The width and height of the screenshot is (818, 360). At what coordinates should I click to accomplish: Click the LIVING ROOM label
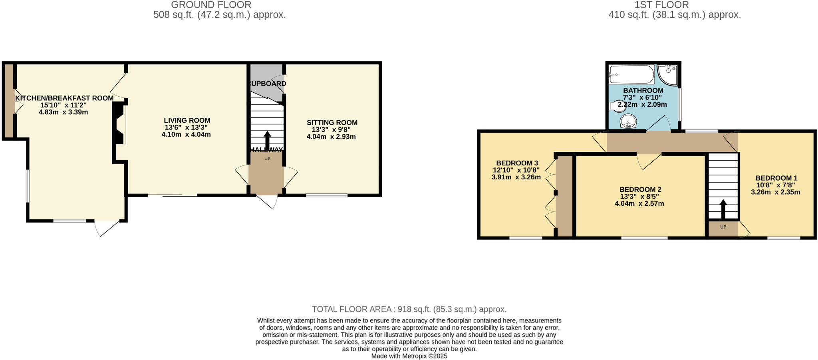coord(187,120)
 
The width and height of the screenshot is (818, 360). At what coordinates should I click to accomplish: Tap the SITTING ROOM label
coord(332,123)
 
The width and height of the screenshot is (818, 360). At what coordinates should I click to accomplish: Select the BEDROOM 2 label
coord(639,189)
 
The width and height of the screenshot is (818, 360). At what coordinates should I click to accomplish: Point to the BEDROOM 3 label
coord(517,163)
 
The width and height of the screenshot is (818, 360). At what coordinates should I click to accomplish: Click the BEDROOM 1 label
coord(776,178)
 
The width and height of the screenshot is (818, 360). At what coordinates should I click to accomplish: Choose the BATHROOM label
coord(643,91)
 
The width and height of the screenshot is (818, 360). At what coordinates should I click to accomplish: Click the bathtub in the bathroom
coord(631,74)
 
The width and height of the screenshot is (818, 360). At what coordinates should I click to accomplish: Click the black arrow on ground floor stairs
coord(267,140)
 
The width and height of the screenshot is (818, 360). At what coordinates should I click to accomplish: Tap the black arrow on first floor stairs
coord(723,208)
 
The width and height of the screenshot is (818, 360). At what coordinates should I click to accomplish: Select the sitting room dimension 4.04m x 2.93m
coord(331,137)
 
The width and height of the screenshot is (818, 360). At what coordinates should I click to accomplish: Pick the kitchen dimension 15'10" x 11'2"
coord(63,105)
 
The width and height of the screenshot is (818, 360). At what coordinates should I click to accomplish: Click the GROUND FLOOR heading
coord(211,5)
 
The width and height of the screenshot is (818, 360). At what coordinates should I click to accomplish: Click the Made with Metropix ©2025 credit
coord(409,356)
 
